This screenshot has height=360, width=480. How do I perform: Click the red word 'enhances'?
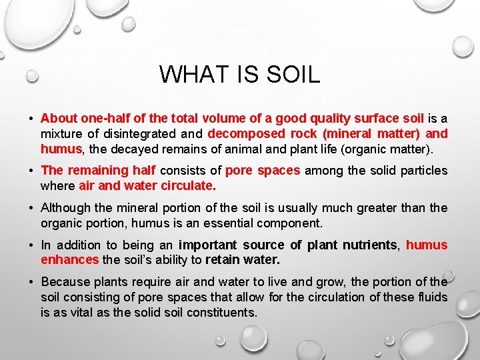coord(69,259)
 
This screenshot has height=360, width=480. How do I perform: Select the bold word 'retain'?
coord(225,259)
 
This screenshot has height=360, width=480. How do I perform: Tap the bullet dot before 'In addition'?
coord(31,245)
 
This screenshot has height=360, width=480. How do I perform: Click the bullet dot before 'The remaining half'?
coord(31,171)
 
